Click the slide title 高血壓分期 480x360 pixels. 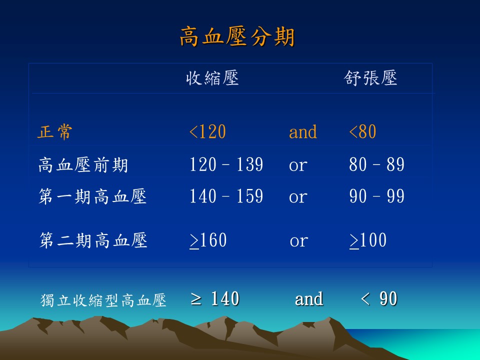237,36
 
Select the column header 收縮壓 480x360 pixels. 212,78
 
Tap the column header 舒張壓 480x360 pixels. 370,78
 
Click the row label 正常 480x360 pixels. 55,132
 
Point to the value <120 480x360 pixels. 207,132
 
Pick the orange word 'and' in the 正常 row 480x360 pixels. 303,132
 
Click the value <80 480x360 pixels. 362,132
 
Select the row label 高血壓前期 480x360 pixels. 83,164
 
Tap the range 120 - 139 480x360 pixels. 226,164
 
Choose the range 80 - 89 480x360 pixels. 376,164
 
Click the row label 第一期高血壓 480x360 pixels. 92,196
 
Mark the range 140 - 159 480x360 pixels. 226,196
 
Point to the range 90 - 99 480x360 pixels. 376,196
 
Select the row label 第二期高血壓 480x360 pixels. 93,240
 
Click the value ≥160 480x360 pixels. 208,240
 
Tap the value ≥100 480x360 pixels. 368,240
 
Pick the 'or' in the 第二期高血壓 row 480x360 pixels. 299,241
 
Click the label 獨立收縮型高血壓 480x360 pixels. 103,300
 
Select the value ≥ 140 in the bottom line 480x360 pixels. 214,299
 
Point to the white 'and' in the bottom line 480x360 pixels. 309,299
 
